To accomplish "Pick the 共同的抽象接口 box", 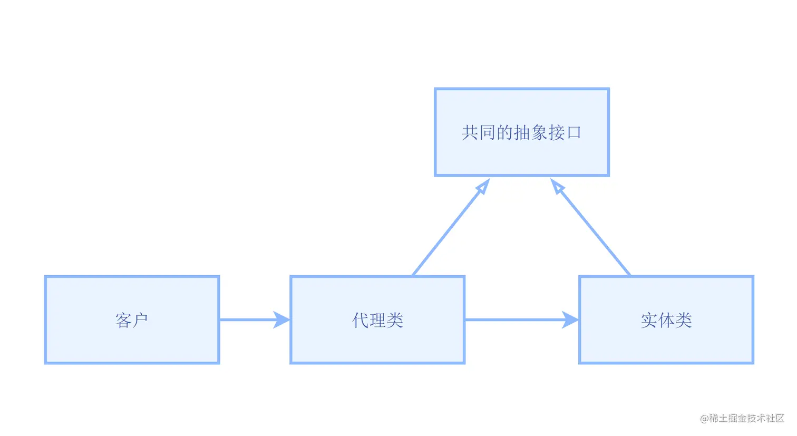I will pos(521,156).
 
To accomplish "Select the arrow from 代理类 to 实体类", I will pos(514,319).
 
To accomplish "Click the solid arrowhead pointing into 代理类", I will pos(281,319).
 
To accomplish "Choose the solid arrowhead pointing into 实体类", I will pos(570,319).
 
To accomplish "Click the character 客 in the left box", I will pos(123,320).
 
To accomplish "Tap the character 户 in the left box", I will pos(140,320).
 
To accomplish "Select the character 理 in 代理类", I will pos(377,320).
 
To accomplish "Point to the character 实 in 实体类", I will pos(649,320).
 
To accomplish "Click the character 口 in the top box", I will pos(574,132).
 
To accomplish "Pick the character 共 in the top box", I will pos(470,132).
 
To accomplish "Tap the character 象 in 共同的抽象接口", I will pos(539,132).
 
